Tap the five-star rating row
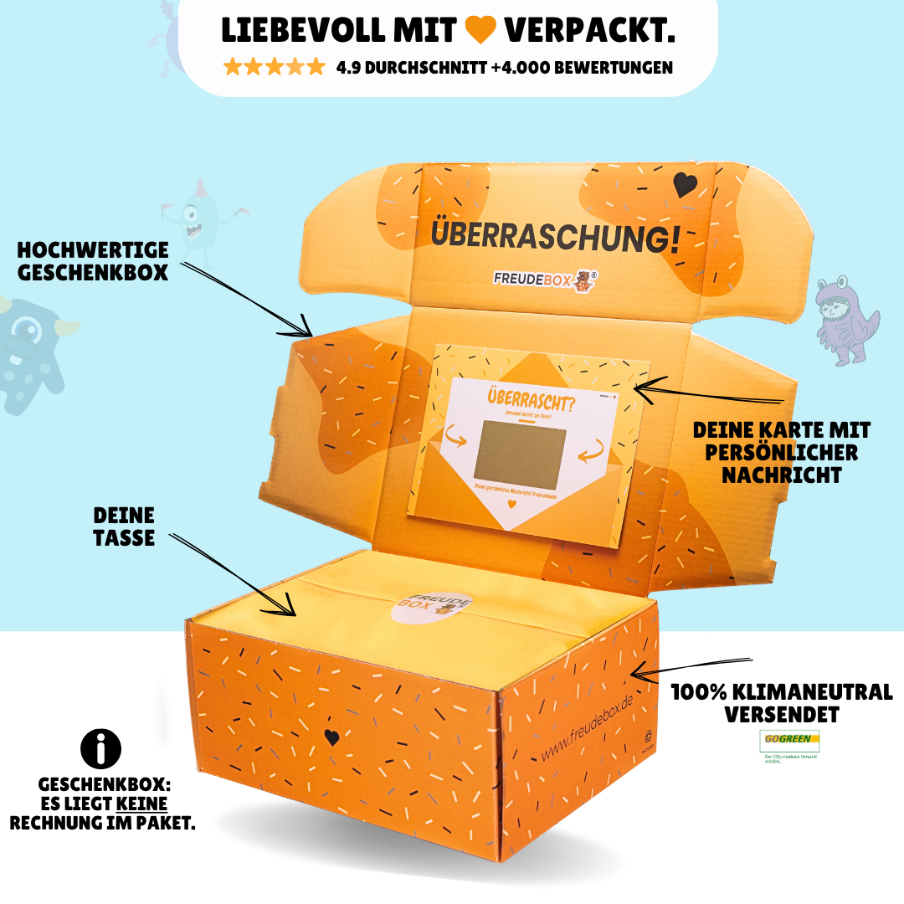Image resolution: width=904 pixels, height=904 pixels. click(x=274, y=67)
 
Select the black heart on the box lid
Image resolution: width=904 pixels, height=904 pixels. click(x=684, y=184)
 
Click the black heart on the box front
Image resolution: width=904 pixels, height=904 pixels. click(x=331, y=737)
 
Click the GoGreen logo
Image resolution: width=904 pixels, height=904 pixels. click(x=788, y=741)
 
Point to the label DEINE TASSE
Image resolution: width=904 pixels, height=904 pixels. click(x=124, y=526)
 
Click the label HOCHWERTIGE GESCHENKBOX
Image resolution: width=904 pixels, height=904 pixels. click(x=93, y=260)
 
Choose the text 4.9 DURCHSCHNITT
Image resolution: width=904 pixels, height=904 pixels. click(x=411, y=68)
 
